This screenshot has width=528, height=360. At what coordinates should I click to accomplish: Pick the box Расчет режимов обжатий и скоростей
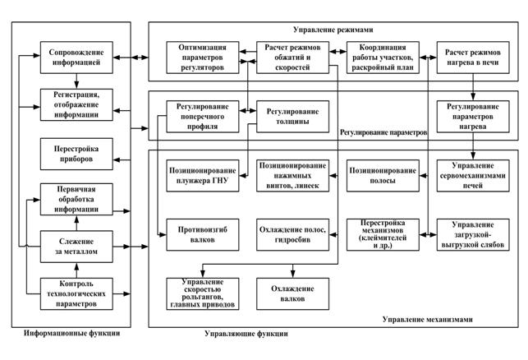click(x=293, y=55)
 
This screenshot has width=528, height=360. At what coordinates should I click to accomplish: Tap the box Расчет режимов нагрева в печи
click(x=474, y=55)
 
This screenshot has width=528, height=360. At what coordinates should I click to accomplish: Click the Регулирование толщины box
click(x=293, y=113)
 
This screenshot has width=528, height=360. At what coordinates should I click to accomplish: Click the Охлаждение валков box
click(x=293, y=293)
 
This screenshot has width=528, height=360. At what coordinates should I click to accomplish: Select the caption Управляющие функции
click(x=246, y=335)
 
